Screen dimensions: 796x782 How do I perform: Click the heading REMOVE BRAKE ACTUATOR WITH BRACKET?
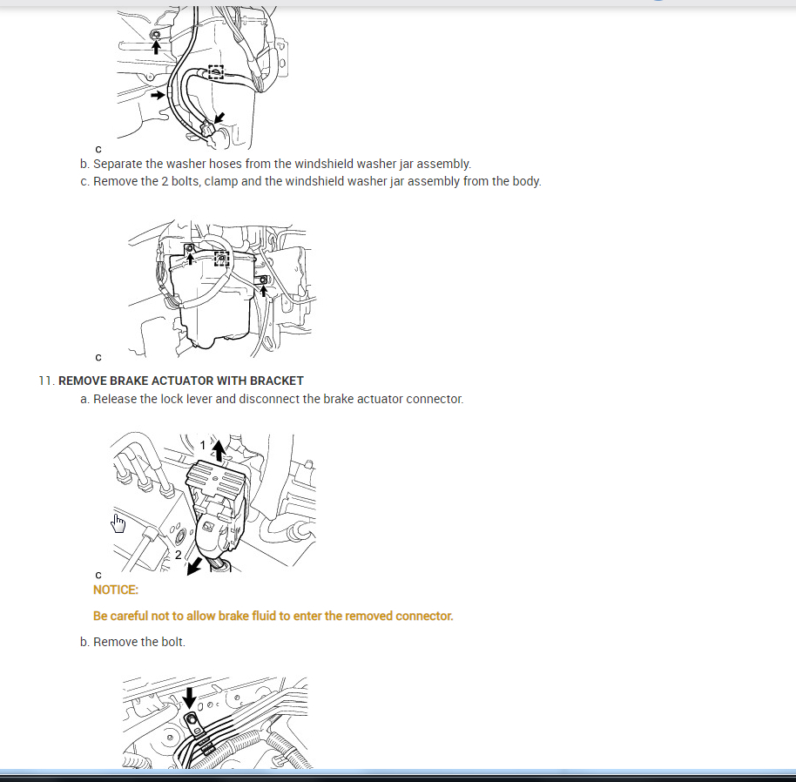click(181, 381)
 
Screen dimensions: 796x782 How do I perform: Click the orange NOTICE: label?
click(116, 590)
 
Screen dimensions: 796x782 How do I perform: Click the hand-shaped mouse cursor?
click(118, 523)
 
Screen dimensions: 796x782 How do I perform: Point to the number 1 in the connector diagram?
click(203, 445)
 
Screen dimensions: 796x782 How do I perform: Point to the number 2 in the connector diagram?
click(178, 555)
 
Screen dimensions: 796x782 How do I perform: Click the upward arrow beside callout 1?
click(219, 450)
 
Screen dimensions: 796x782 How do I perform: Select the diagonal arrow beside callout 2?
click(194, 566)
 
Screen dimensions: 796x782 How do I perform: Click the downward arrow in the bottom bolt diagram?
click(189, 698)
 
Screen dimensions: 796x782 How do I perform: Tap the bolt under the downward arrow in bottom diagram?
click(192, 719)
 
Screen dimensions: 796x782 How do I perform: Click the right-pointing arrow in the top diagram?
click(158, 95)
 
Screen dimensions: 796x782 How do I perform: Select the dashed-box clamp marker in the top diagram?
click(216, 72)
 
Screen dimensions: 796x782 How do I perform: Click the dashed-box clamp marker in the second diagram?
click(221, 259)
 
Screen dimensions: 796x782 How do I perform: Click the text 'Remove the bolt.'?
click(139, 642)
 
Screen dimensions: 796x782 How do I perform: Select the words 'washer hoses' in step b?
click(204, 164)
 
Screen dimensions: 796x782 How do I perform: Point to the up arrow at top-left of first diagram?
click(156, 47)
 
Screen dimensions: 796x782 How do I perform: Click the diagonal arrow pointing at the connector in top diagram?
click(219, 118)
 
